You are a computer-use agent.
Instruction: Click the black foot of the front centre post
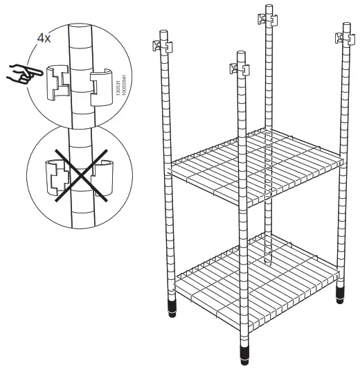(244, 355)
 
